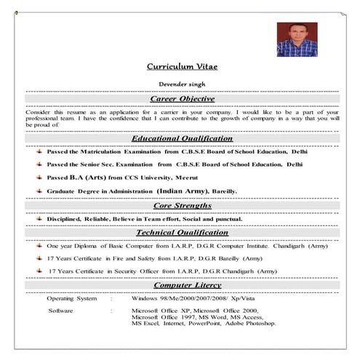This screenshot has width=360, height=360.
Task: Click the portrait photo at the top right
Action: [297, 39]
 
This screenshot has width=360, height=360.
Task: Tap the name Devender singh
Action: [182, 84]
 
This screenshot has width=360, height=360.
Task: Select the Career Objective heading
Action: [182, 98]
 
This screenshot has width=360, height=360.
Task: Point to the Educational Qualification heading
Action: [182, 138]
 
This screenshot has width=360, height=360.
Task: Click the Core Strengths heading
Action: [182, 205]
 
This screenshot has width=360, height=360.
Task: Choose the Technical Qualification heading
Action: [182, 232]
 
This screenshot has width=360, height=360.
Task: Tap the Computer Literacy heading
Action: [182, 285]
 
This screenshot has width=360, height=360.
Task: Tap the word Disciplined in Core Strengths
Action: [67, 218]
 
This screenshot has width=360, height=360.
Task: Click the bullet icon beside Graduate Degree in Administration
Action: [39, 191]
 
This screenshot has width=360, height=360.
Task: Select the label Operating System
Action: [71, 299]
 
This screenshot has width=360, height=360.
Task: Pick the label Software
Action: [60, 311]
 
